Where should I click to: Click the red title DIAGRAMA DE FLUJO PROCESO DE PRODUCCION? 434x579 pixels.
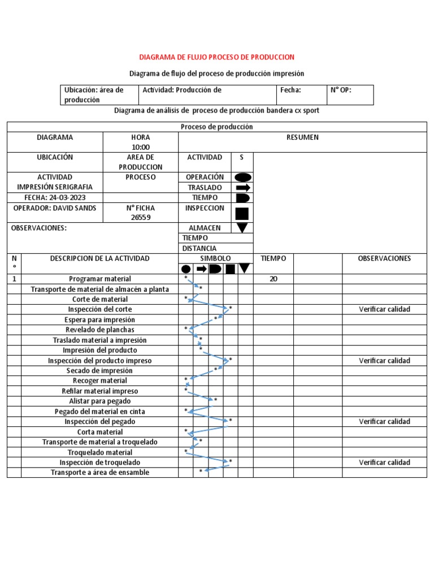coord(217,57)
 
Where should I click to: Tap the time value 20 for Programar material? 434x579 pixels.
coord(274,279)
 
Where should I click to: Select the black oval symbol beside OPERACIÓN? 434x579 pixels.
coord(242,177)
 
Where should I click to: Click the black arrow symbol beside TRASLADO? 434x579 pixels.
coord(242,187)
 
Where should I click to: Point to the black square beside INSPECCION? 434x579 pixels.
coord(242,213)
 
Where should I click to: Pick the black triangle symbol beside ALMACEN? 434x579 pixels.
coord(242,228)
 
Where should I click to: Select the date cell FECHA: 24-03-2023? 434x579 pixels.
coord(55,198)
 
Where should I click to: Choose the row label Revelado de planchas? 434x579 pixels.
coord(100,330)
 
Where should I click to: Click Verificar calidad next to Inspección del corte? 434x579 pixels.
coord(384,309)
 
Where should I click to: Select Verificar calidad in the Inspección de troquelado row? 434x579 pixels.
coord(384,463)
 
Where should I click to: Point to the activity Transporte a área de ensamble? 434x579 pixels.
coord(100,473)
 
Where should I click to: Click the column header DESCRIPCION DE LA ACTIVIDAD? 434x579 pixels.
coord(100,258)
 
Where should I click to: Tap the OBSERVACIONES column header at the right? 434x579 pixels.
coord(384,258)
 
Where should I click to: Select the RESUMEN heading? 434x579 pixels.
coord(302,137)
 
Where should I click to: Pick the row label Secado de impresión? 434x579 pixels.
coord(100,371)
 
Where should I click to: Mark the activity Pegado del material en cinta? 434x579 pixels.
coord(100,412)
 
